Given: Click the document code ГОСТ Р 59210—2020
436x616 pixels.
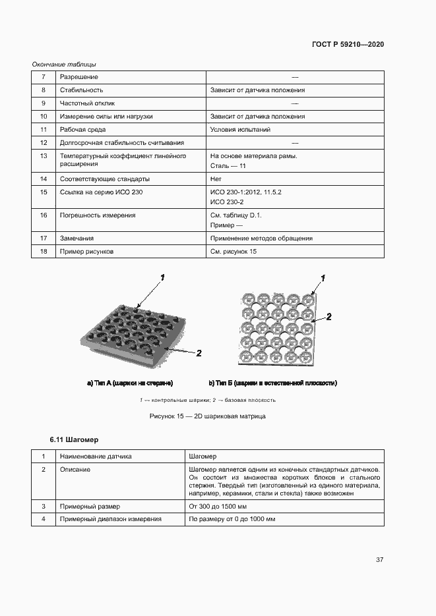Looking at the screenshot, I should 348,44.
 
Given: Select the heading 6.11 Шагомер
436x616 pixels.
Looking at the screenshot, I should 74,439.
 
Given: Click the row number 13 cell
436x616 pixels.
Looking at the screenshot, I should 44,156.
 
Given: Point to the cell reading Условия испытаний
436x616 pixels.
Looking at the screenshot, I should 240,130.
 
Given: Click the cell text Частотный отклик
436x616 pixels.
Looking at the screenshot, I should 87,103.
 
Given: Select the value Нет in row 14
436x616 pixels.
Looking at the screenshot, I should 215,179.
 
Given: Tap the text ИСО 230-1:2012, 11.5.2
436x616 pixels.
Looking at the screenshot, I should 245,192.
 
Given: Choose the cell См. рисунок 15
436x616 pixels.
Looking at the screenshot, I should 233,252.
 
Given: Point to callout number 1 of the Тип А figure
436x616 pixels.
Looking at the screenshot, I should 162,277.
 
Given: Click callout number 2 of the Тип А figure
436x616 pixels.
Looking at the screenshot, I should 199,353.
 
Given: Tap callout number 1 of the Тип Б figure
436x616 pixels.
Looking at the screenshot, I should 323,277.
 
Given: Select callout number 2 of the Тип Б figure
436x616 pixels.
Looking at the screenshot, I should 328,317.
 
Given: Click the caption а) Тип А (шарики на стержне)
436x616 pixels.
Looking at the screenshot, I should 130,383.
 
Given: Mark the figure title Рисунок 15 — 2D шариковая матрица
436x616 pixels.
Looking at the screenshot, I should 208,416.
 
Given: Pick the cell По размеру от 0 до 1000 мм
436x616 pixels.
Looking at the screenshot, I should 232,519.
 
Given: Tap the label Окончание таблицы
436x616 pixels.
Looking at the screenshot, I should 64,65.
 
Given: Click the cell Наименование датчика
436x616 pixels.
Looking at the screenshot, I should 96,456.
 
